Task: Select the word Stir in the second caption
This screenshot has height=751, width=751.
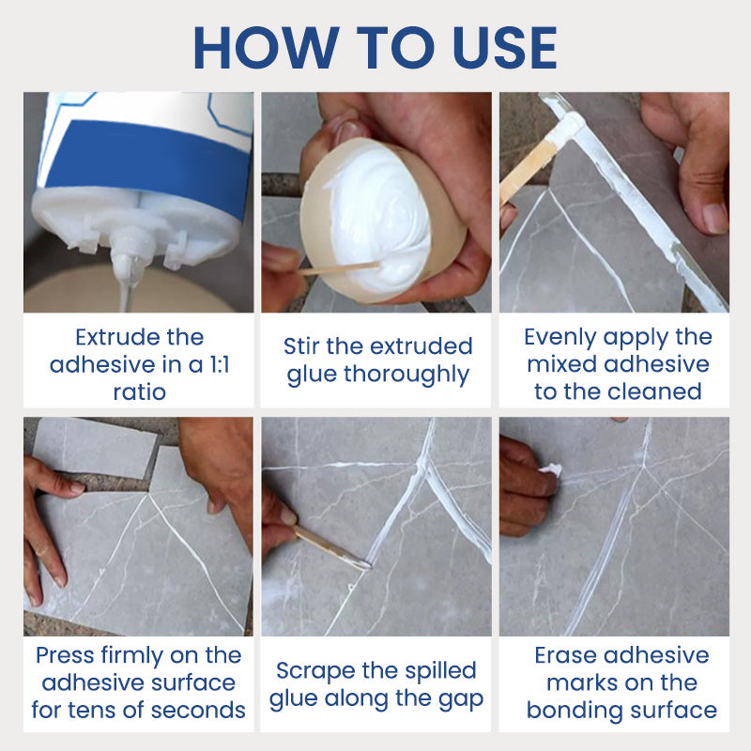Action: pyautogui.click(x=302, y=346)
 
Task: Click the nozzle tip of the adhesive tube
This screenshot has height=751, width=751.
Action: pyautogui.click(x=128, y=272)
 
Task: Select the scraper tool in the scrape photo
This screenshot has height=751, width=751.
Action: pyautogui.click(x=329, y=546)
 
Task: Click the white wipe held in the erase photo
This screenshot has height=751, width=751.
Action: pyautogui.click(x=549, y=468)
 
